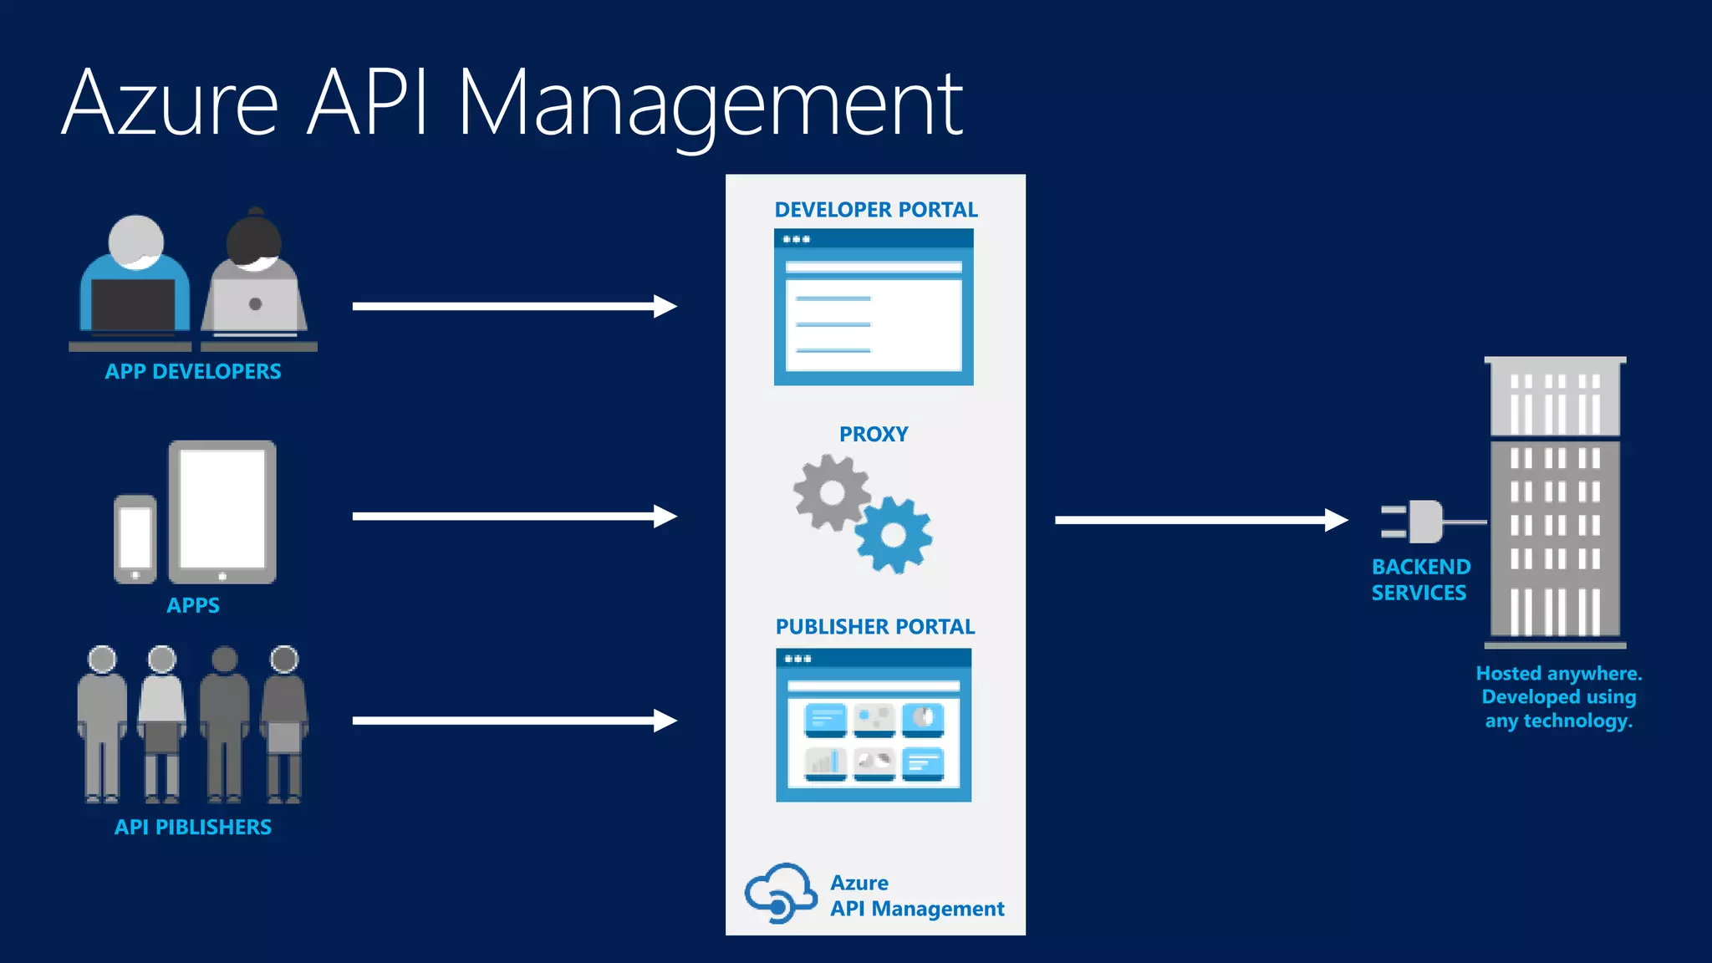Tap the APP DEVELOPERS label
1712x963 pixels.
click(193, 372)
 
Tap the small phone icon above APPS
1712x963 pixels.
click(135, 539)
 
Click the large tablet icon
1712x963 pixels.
click(222, 512)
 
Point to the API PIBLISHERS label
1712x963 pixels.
click(193, 827)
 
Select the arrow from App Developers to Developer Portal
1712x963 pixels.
click(514, 307)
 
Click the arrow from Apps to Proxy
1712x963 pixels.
click(514, 517)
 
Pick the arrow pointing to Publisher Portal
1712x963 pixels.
click(514, 721)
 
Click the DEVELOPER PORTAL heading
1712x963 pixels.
click(875, 210)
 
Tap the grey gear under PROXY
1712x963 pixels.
click(832, 492)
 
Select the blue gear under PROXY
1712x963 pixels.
click(894, 535)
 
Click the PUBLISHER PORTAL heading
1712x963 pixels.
click(874, 627)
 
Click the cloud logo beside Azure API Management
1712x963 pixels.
click(781, 893)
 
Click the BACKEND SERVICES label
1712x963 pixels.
click(1420, 579)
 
